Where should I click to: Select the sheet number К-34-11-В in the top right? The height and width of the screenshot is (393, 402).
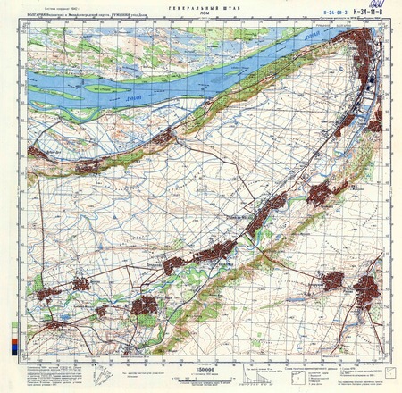click(x=356, y=14)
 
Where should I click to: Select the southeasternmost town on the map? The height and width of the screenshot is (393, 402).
click(x=367, y=290)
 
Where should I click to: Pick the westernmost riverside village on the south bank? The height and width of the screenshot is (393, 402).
click(x=38, y=153)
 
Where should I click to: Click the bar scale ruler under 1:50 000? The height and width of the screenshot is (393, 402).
click(x=202, y=378)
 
